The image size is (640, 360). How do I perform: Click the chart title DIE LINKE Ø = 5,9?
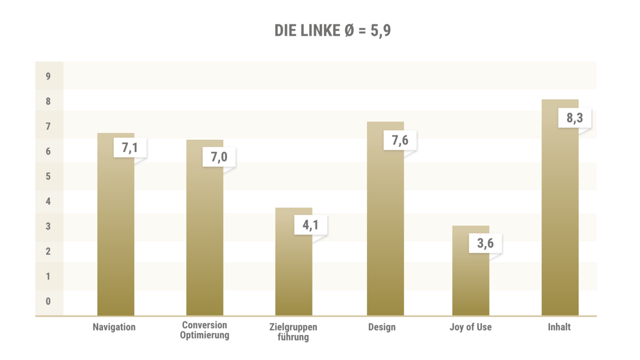pyautogui.click(x=333, y=31)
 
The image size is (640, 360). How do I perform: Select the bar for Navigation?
pyautogui.click(x=116, y=240)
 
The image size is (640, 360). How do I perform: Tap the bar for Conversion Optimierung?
pyautogui.click(x=205, y=245)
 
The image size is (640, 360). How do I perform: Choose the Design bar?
pyautogui.click(x=385, y=235)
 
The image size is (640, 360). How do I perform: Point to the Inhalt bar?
pyautogui.click(x=560, y=224)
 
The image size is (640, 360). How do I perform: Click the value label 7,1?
pyautogui.click(x=130, y=148)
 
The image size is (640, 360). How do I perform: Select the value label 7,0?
pyautogui.click(x=219, y=157)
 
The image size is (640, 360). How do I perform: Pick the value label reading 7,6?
pyautogui.click(x=400, y=140)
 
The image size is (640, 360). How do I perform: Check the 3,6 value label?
pyautogui.click(x=485, y=243)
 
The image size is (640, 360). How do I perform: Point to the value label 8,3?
pyautogui.click(x=574, y=118)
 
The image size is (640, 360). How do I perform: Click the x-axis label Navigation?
pyautogui.click(x=114, y=327)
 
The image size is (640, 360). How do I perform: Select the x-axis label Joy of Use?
pyautogui.click(x=470, y=327)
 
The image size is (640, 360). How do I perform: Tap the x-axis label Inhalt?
pyautogui.click(x=559, y=327)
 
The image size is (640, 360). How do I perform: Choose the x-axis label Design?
pyautogui.click(x=382, y=327)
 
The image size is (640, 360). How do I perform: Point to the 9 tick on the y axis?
pyautogui.click(x=48, y=76)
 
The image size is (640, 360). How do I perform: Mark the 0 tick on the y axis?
pyautogui.click(x=48, y=301)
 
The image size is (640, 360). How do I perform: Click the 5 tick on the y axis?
pyautogui.click(x=48, y=177)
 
